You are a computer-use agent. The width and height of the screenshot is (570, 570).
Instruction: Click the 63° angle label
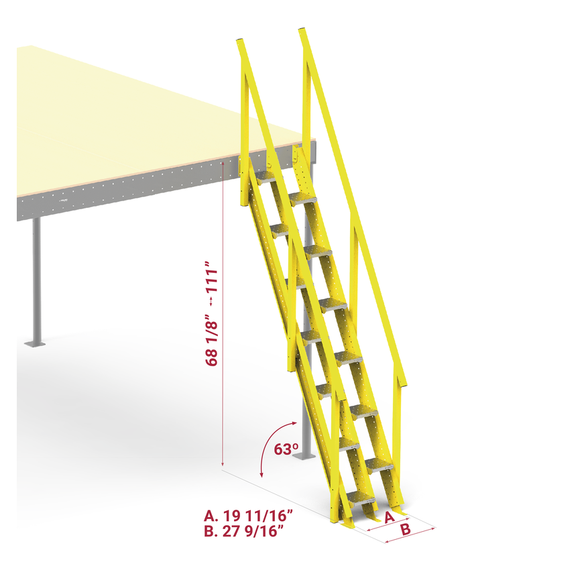286,449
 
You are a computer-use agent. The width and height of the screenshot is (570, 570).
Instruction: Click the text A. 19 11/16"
247,516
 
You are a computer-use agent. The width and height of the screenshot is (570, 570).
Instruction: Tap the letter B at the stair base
406,530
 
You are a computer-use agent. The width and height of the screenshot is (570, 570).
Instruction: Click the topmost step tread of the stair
266,176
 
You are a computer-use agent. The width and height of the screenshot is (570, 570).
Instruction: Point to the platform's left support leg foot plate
34,344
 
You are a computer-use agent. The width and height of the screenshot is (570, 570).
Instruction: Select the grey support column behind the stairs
306,429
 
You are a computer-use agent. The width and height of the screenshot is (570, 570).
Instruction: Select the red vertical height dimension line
222,315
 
